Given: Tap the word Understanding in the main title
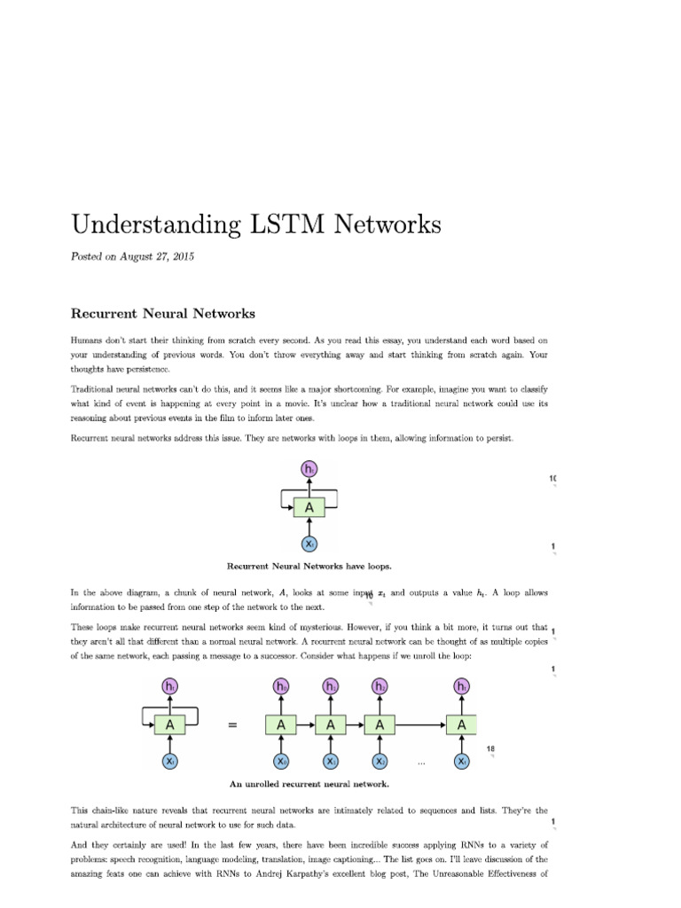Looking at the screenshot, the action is pos(149,225).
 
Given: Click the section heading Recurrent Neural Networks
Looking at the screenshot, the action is pos(163,313).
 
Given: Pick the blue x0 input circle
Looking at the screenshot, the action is pos(281,762).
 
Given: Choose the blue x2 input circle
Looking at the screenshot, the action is pos(380,762).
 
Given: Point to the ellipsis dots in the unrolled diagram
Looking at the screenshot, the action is pos(421,762).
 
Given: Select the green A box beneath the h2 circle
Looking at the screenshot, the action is pos(380,725).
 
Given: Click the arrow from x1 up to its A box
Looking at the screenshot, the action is pos(331,744).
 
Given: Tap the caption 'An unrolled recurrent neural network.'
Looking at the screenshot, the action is pos(309,784).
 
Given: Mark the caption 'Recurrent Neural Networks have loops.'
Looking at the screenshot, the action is pos(309,566).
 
